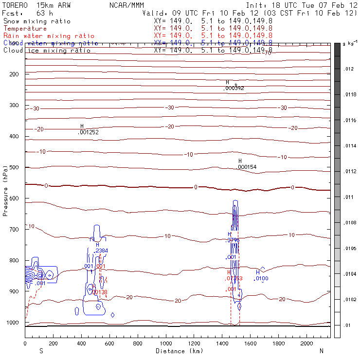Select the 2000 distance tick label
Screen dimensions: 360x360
(x=307, y=343)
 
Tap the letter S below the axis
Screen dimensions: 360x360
(x=41, y=351)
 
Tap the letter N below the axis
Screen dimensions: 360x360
(x=321, y=351)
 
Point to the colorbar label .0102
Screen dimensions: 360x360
(x=350, y=300)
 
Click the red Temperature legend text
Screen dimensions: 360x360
(x=25, y=29)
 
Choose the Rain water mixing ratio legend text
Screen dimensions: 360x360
(x=49, y=36)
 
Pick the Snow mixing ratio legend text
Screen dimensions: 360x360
(x=36, y=21)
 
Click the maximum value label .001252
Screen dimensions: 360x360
(x=89, y=132)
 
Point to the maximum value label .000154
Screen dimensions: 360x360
(x=247, y=167)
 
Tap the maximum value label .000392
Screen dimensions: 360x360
(x=234, y=88)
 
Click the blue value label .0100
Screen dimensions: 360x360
(x=261, y=278)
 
